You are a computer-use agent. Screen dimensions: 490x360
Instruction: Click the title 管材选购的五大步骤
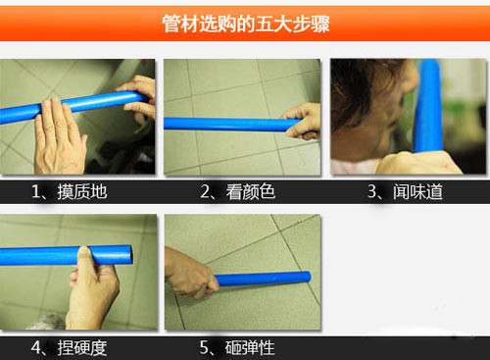click(246, 24)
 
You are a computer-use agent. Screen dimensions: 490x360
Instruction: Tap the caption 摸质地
click(82, 191)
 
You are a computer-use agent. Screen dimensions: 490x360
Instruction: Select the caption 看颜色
click(251, 191)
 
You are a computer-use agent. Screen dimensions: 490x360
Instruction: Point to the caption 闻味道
click(417, 191)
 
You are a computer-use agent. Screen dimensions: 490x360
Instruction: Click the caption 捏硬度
click(82, 348)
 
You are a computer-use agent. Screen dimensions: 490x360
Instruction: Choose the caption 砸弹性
click(250, 348)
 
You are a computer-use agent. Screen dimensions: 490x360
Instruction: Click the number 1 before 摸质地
click(36, 192)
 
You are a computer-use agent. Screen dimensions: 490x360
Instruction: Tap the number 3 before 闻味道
click(371, 192)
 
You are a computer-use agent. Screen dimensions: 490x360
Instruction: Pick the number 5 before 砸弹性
click(204, 348)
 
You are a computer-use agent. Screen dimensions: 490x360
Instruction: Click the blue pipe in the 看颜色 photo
click(228, 125)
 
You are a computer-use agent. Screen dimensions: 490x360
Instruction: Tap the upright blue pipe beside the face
click(428, 106)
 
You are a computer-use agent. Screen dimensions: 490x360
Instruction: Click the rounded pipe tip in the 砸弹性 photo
click(308, 278)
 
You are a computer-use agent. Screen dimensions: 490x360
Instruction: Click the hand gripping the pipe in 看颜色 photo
click(302, 121)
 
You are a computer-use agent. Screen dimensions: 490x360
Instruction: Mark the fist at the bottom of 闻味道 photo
click(418, 163)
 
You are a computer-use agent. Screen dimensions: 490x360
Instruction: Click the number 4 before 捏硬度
click(36, 348)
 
